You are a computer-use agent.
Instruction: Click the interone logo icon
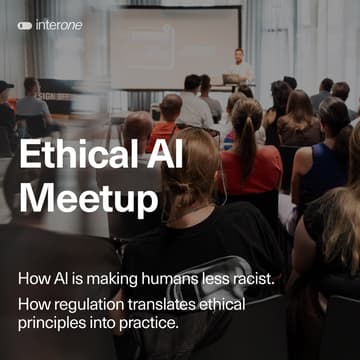(x=24, y=25)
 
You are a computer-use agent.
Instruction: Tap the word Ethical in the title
(x=77, y=158)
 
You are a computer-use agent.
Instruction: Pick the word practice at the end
(x=149, y=322)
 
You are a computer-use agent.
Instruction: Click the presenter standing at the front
(x=239, y=65)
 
